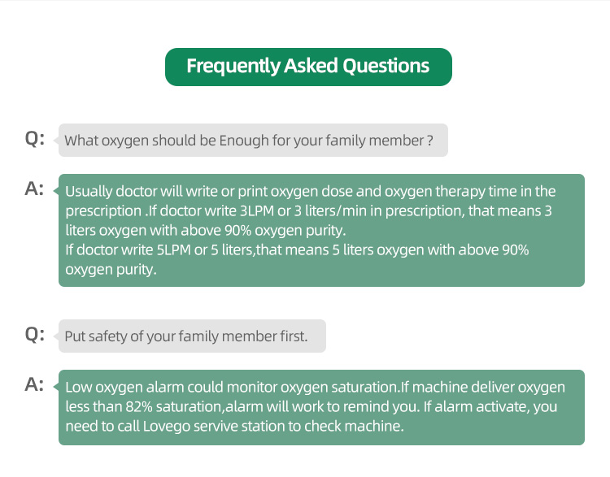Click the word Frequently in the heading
coord(233,66)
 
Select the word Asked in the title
coord(311,65)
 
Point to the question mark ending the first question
coord(430,141)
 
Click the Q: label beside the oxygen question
coord(35,138)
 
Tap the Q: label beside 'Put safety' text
coord(35,334)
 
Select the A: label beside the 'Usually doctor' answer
coord(34,189)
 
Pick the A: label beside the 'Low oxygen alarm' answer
coord(34,385)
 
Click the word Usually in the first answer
coord(89,192)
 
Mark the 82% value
coord(139,406)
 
